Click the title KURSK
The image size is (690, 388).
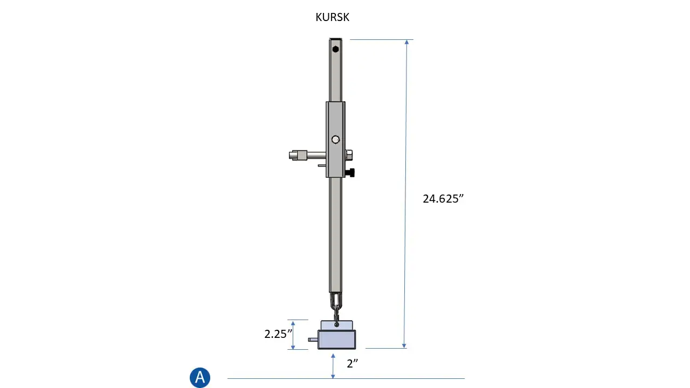pos(333,17)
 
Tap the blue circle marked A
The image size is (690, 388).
pos(200,377)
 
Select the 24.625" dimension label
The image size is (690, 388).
pos(443,199)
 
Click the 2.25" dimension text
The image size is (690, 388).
pos(278,334)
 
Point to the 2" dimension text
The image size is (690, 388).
pos(353,363)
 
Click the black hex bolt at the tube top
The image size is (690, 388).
pos(336,49)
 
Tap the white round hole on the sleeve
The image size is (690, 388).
pos(335,140)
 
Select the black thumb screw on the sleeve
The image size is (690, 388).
pos(350,173)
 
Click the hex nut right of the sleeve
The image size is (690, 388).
pos(349,155)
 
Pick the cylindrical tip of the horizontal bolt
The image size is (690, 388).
pos(298,155)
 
